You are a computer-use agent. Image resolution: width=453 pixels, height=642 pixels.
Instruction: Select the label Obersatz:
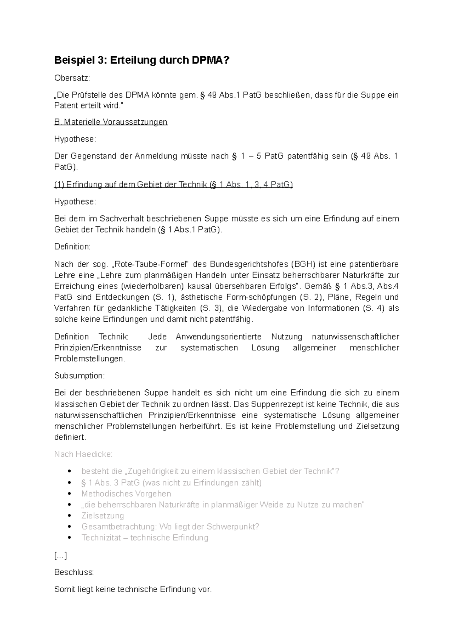point(72,78)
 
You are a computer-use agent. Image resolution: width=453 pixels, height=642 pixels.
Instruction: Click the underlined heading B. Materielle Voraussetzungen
point(111,122)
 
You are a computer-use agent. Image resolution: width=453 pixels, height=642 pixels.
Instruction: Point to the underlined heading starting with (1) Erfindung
point(173,185)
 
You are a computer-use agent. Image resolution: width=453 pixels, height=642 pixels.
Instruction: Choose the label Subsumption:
point(79,376)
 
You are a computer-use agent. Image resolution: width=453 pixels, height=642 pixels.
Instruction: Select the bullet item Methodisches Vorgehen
point(126,494)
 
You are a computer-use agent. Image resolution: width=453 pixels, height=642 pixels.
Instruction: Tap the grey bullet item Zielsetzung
point(103,516)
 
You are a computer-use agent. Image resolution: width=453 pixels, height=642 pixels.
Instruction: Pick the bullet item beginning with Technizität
point(145,538)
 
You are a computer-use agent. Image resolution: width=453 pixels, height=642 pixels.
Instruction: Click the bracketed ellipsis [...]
point(60,556)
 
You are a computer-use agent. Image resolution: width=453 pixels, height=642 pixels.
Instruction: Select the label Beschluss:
point(74,572)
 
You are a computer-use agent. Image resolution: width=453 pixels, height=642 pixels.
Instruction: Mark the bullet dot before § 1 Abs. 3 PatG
point(69,483)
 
